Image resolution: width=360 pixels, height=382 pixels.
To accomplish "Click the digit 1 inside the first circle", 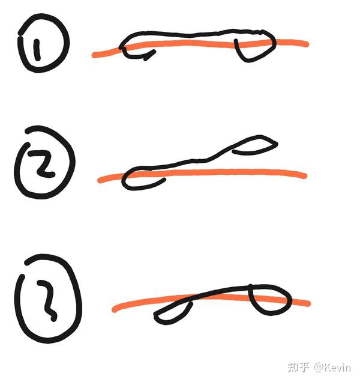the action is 37,50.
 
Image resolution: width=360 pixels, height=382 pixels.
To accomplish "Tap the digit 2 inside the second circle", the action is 41,163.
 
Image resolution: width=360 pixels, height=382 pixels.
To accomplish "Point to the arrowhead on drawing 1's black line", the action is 149,55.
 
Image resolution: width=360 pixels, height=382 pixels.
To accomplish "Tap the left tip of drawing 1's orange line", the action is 94,55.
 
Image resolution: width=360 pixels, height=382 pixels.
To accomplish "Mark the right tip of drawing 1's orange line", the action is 307,44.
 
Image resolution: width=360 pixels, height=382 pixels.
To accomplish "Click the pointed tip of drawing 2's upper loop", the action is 277,144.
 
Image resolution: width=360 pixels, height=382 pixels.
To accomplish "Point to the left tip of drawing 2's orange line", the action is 100,181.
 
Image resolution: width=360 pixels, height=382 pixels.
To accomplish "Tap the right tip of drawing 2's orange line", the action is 305,176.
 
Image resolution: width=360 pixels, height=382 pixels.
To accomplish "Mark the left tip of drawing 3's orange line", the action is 114,310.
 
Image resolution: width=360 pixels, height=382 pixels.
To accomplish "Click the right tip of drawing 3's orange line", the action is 308,304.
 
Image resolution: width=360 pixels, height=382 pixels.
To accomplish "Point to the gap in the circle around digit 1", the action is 19,35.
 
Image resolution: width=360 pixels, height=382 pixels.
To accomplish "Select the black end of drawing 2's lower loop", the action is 164,180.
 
